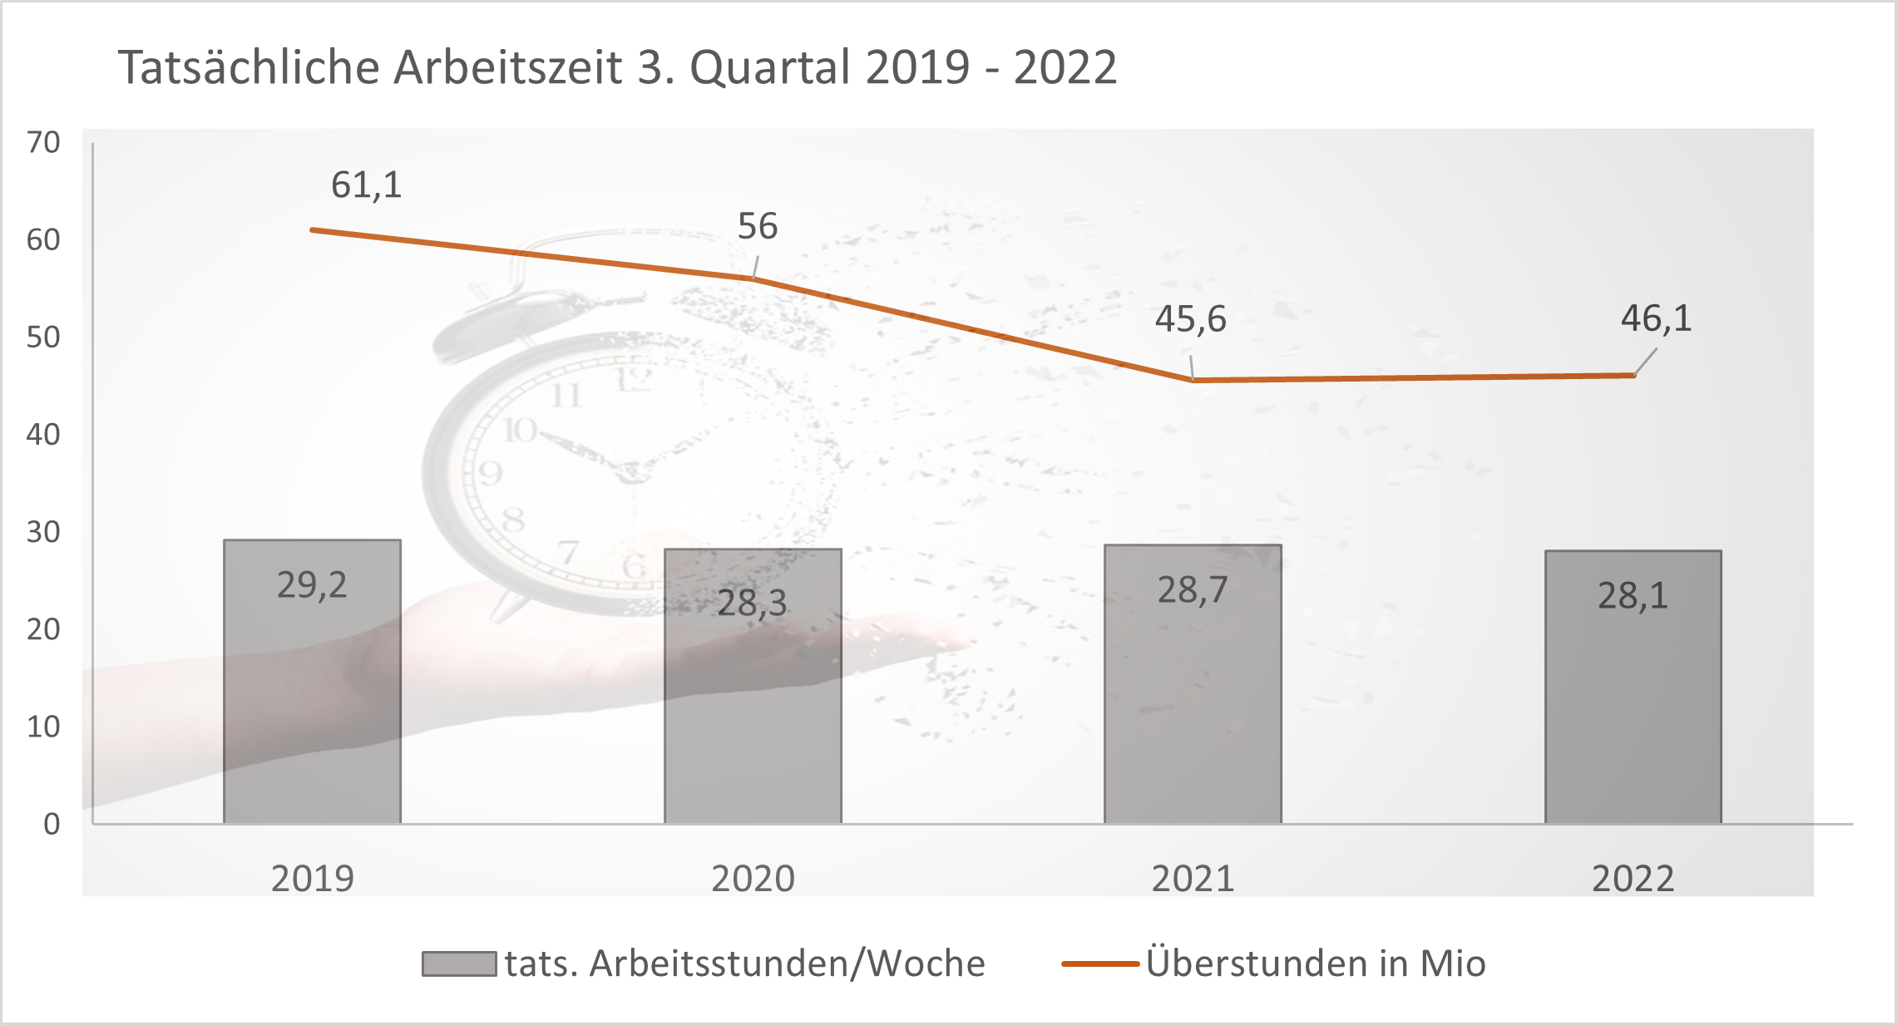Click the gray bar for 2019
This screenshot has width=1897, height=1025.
point(312,707)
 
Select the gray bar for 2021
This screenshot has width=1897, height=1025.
point(1193,707)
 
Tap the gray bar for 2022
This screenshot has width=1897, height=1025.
point(1633,707)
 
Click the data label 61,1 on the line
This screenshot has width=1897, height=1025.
point(366,185)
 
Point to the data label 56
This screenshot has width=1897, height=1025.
point(757,226)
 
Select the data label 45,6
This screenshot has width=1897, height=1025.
point(1190,319)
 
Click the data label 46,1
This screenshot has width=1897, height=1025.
point(1656,318)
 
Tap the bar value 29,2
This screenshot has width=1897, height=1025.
point(312,585)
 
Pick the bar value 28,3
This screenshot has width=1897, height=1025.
point(752,603)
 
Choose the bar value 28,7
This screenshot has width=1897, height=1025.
point(1193,590)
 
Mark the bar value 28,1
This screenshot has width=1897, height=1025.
point(1633,596)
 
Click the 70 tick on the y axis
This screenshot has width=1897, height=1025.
point(43,143)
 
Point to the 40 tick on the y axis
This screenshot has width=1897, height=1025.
point(43,435)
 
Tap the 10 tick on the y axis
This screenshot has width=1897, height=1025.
point(43,727)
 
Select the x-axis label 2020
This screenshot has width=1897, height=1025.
point(753,879)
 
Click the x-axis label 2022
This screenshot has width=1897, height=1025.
point(1633,879)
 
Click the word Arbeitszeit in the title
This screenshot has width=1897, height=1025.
point(507,67)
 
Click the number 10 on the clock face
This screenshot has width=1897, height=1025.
point(520,430)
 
